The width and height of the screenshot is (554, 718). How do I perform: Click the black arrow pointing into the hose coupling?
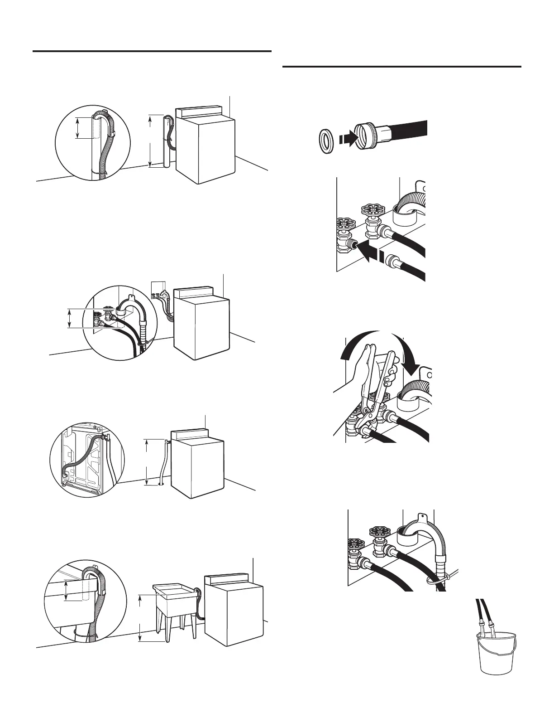click(349, 139)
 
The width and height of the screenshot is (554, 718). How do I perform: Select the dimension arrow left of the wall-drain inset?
click(69, 318)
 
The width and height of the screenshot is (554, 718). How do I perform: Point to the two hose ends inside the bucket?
click(485, 628)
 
